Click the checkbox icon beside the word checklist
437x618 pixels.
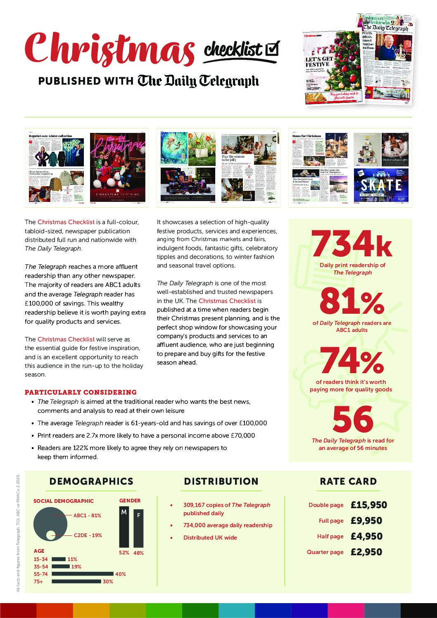click(272, 49)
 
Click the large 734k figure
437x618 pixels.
click(351, 244)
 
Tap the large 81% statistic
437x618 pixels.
click(351, 302)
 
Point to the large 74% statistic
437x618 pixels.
click(351, 360)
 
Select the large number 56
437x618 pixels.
click(353, 419)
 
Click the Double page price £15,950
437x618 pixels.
click(368, 505)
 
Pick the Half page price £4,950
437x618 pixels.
click(366, 536)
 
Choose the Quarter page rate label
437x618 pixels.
click(325, 552)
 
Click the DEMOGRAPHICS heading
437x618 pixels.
click(91, 481)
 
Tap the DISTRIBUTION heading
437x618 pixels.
click(221, 481)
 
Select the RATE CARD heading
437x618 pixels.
click(348, 481)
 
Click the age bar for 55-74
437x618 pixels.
click(83, 574)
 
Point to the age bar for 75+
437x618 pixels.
click(76, 581)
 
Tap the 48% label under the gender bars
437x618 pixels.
click(138, 553)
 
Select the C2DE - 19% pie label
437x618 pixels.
click(88, 535)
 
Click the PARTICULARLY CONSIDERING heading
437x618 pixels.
click(81, 392)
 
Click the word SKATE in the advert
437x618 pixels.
click(381, 185)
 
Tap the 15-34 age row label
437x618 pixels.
click(40, 559)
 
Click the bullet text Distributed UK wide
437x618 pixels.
click(210, 537)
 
